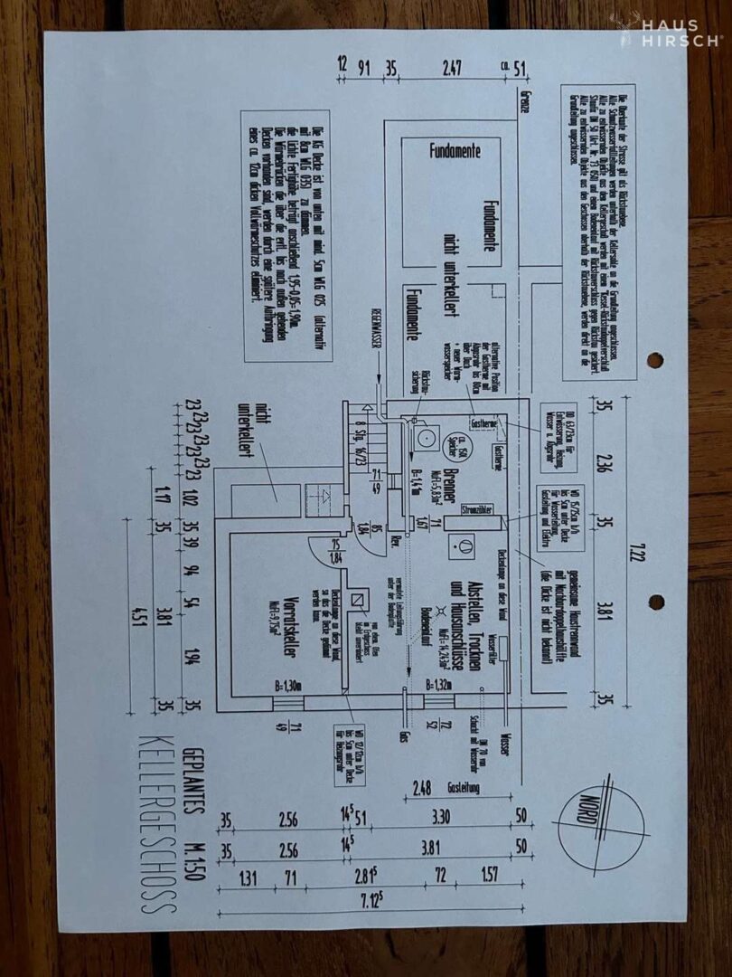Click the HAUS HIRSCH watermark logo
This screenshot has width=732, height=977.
(671, 33)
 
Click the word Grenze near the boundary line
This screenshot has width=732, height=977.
(524, 104)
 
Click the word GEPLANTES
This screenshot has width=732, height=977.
(191, 779)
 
